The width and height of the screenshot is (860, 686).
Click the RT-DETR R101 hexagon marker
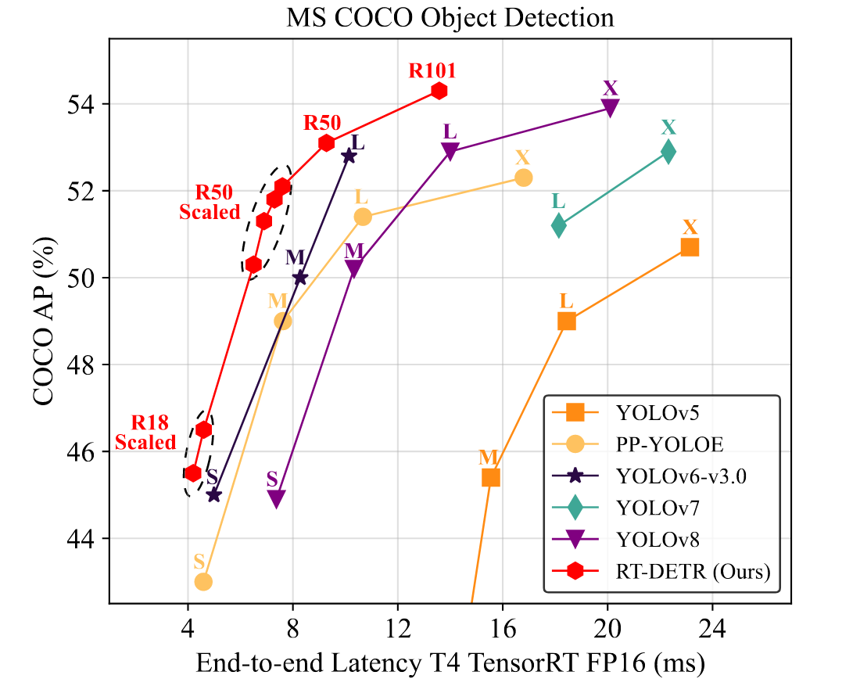coord(439,91)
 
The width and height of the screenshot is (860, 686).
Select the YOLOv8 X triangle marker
coord(611,108)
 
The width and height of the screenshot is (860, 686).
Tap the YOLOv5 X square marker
coord(690,247)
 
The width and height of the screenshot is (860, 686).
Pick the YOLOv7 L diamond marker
coord(559,225)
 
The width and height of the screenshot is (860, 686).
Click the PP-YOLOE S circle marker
coord(203,581)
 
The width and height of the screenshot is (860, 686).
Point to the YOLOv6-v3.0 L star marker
coord(349,156)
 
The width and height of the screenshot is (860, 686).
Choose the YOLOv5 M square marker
coord(491,477)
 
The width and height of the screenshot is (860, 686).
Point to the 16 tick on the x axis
coord(503,627)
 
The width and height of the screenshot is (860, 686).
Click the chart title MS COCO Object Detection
coord(450,16)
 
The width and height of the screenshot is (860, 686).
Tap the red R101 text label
coord(432,71)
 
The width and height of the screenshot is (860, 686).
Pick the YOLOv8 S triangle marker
coord(276,498)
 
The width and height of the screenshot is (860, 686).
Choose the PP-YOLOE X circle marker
coord(524,178)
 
